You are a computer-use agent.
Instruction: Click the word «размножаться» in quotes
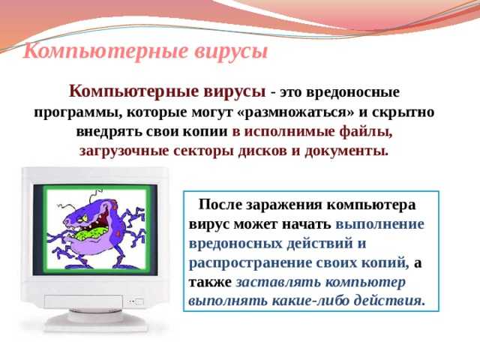point(295,112)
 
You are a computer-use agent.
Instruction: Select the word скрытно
point(403,112)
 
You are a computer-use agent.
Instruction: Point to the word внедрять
point(109,132)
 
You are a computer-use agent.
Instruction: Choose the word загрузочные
point(124,151)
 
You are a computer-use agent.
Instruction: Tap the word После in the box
point(220,205)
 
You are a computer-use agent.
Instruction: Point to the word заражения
point(284,205)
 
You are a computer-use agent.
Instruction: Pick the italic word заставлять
point(276,282)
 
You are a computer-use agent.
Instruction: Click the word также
point(210,282)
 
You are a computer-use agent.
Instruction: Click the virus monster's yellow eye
point(83,218)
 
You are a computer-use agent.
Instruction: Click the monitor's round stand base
point(96,321)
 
